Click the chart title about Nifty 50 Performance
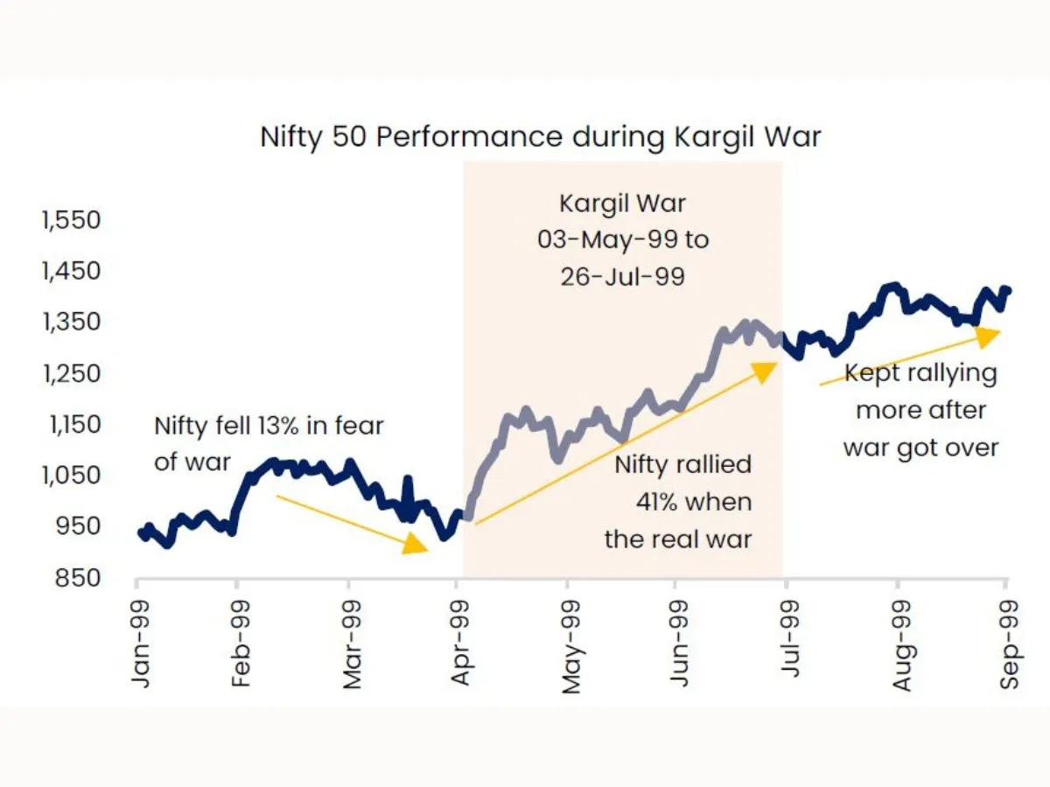(540, 137)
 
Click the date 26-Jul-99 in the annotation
(622, 276)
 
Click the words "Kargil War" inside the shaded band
(623, 204)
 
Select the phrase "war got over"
(920, 448)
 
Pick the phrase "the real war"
(678, 539)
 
